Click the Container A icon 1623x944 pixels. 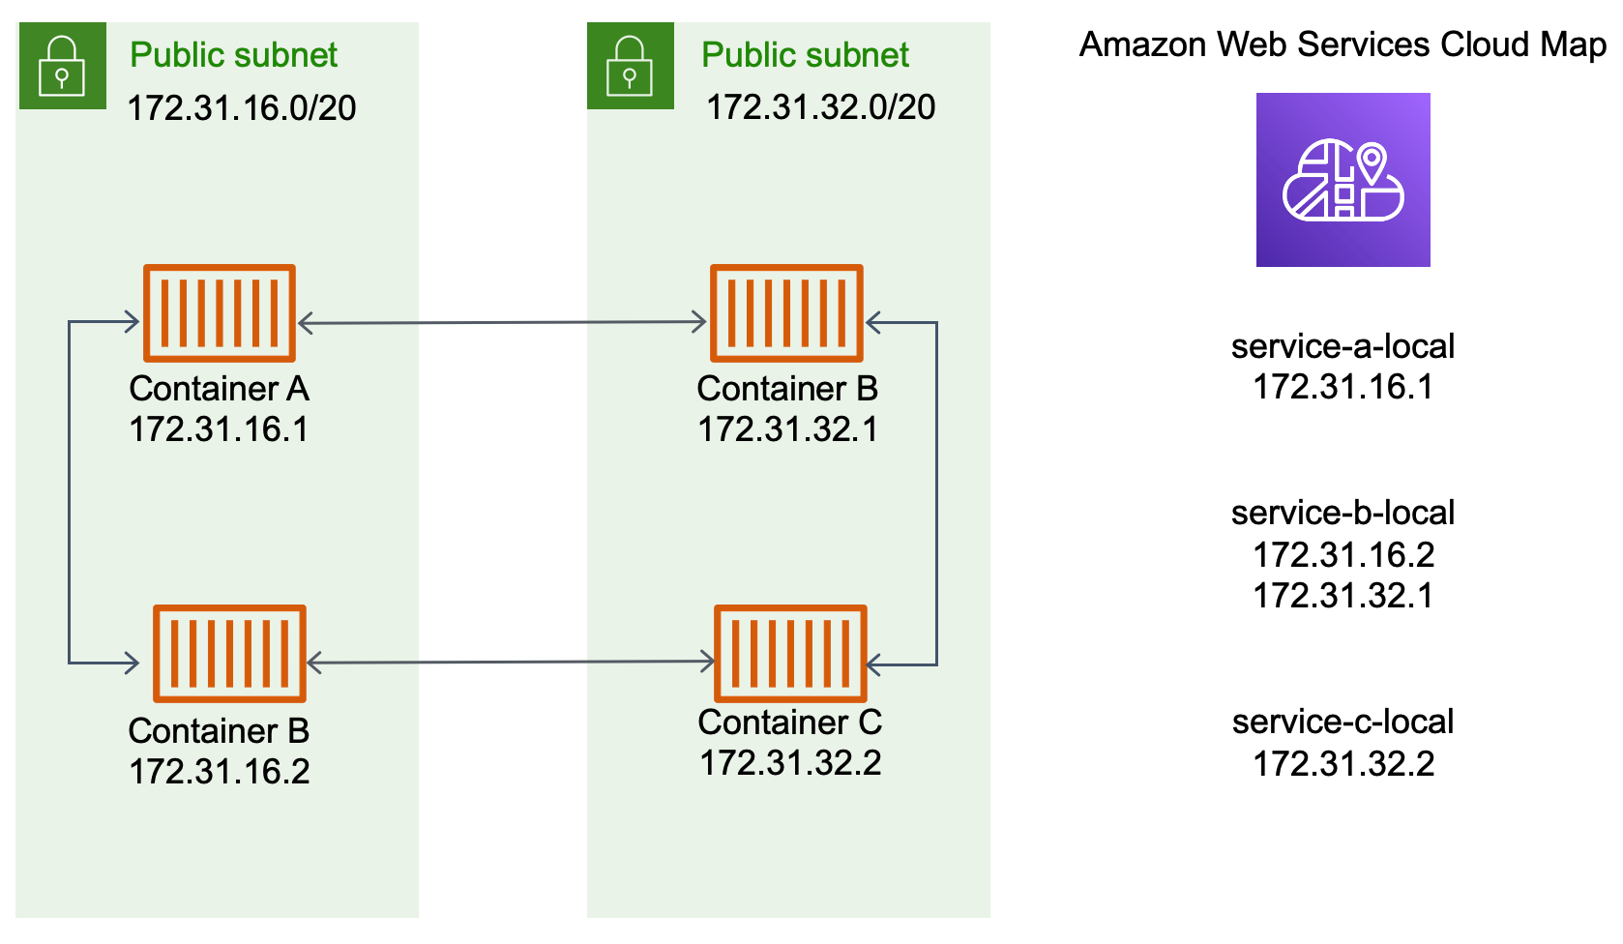pos(219,312)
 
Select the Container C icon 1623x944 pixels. pos(789,653)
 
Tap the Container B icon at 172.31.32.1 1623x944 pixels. pos(785,312)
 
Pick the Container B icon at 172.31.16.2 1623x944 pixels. pos(229,653)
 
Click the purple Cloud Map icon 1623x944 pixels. pos(1343,180)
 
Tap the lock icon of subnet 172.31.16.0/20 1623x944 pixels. pos(62,66)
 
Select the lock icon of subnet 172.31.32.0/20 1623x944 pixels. pos(630,66)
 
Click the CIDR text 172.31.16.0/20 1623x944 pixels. pos(242,107)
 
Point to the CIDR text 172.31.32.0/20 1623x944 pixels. pos(820,107)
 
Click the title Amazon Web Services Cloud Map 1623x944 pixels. pos(1343,44)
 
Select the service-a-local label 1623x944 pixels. pos(1343,346)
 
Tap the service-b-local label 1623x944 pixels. pos(1343,513)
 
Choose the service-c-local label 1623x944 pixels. pos(1343,722)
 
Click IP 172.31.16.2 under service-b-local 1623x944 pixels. pos(1343,554)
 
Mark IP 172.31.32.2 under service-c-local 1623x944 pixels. pos(1343,764)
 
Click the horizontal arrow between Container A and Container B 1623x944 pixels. pos(502,323)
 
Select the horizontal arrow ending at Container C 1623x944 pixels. pos(510,663)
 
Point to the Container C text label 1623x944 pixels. pos(789,723)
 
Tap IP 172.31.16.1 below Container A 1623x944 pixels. pos(219,429)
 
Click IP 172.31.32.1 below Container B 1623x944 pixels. pos(787,429)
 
